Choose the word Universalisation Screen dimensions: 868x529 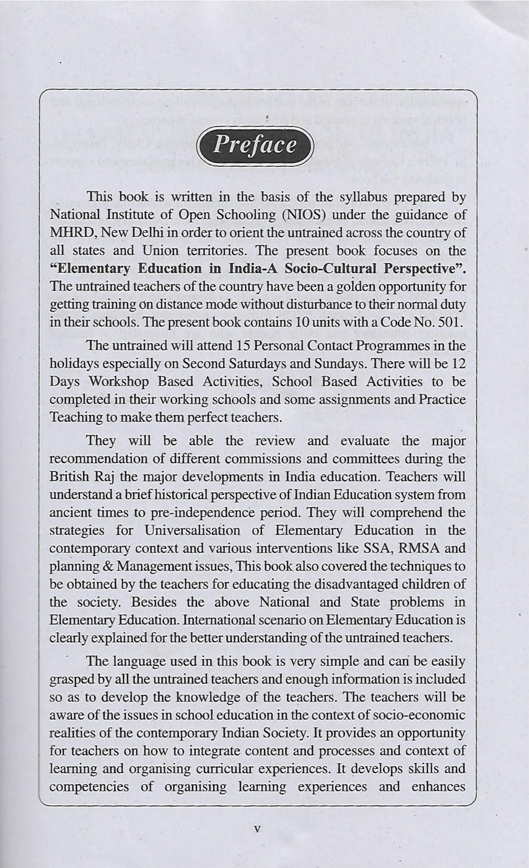(192, 530)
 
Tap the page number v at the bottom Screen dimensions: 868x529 (257, 829)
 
